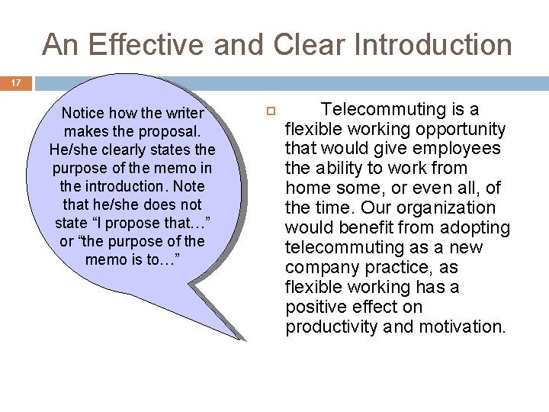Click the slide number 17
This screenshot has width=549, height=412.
[x=15, y=82]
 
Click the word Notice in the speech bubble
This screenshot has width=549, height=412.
[x=88, y=114]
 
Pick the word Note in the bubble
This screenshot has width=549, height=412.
[x=191, y=185]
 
